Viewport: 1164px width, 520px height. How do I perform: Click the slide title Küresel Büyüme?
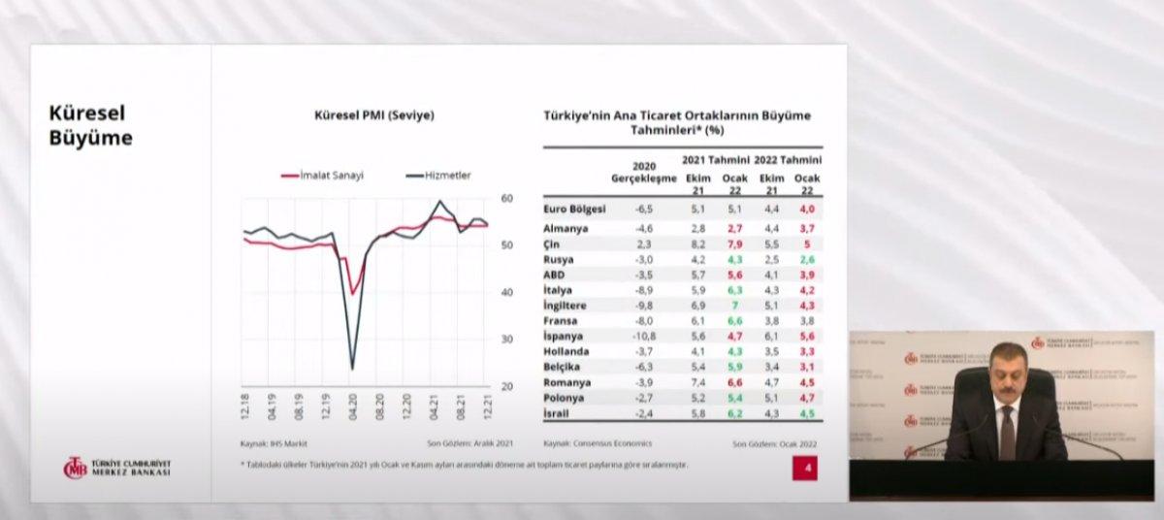pyautogui.click(x=90, y=126)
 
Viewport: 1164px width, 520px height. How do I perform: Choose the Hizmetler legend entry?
pyautogui.click(x=438, y=175)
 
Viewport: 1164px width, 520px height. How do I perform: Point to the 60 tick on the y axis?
pyautogui.click(x=506, y=198)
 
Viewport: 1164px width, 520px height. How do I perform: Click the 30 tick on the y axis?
pyautogui.click(x=506, y=340)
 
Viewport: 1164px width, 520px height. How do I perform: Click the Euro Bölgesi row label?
pyautogui.click(x=576, y=208)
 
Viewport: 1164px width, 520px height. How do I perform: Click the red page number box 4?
pyautogui.click(x=804, y=470)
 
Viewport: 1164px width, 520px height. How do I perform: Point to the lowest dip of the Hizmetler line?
pyautogui.click(x=350, y=369)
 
